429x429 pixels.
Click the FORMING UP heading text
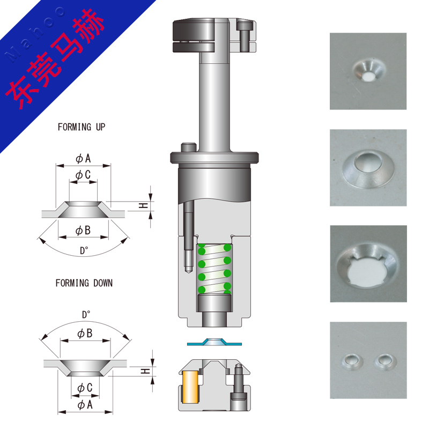(82, 127)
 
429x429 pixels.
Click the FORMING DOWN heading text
(84, 283)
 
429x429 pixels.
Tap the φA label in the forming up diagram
(83, 158)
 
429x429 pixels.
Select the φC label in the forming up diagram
(83, 175)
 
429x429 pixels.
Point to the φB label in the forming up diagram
(83, 231)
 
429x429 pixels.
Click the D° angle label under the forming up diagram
(84, 250)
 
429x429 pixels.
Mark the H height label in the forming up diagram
(143, 205)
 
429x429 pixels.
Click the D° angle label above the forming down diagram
(86, 315)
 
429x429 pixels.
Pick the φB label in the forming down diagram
(85, 334)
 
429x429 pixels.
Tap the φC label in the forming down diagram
(85, 388)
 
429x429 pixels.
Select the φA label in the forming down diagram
(85, 405)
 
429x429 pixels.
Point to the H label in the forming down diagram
(145, 371)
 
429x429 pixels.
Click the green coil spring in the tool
(214, 269)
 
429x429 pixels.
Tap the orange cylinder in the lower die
(190, 387)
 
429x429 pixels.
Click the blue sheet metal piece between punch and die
(214, 342)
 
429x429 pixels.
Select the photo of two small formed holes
(368, 360)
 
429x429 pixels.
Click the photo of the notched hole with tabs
(368, 264)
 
